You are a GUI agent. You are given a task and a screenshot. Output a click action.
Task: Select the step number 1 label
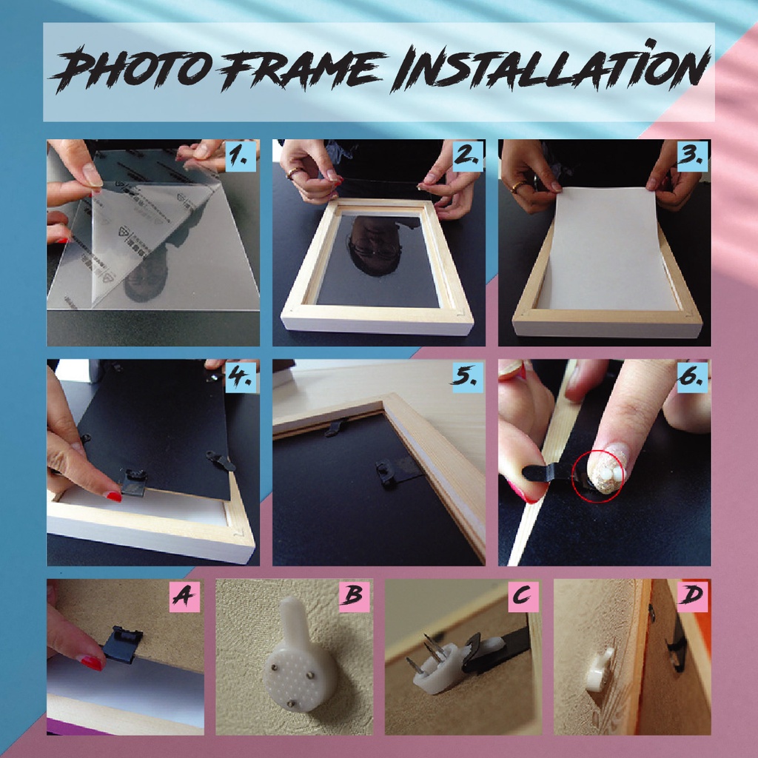pyautogui.click(x=241, y=155)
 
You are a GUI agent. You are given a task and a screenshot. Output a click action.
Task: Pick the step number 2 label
pyautogui.click(x=468, y=155)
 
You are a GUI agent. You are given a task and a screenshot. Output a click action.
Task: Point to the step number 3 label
pyautogui.click(x=693, y=155)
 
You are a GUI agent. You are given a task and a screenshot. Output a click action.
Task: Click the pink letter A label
pyautogui.click(x=184, y=596)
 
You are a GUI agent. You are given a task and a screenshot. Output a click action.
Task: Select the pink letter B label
pyautogui.click(x=354, y=596)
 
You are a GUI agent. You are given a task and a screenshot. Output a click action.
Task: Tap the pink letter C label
pyautogui.click(x=523, y=596)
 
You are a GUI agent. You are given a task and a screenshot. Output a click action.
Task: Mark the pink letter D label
pyautogui.click(x=692, y=596)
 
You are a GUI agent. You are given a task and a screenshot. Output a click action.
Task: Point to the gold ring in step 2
pyautogui.click(x=294, y=172)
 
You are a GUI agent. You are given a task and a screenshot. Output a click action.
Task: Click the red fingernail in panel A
pyautogui.click(x=91, y=662)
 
